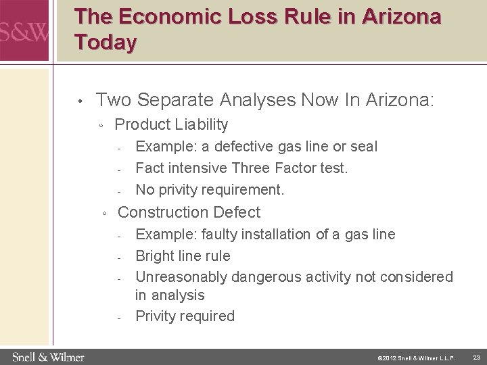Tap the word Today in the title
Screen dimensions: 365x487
(x=106, y=42)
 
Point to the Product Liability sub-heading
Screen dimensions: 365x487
(x=171, y=124)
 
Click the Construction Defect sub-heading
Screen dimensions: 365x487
(x=189, y=212)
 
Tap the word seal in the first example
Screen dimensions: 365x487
(x=363, y=147)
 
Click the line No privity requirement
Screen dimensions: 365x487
(x=210, y=189)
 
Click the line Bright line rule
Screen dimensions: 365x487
(x=183, y=255)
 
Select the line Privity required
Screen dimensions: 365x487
(x=185, y=316)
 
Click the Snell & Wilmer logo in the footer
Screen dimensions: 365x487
(x=47, y=356)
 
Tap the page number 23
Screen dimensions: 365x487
(x=476, y=357)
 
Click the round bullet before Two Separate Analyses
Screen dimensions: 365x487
(x=80, y=102)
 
